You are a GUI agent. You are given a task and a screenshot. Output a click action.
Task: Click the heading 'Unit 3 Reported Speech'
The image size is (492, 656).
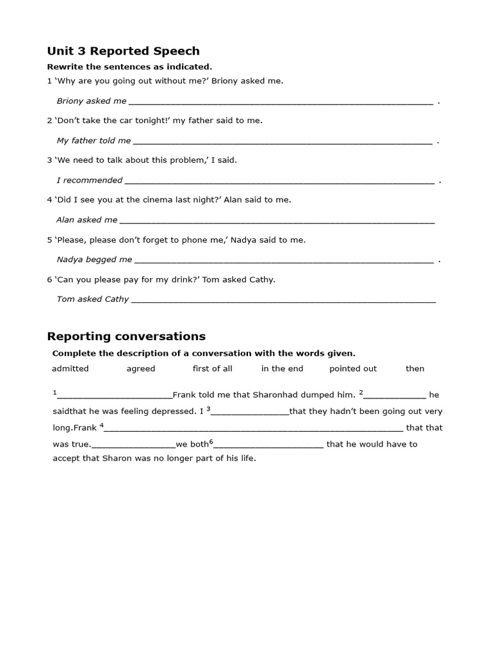[x=123, y=51]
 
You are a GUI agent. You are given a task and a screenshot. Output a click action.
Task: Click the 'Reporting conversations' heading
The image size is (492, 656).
[x=126, y=336]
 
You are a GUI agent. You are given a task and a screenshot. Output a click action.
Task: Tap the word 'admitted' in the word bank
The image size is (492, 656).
[x=70, y=369]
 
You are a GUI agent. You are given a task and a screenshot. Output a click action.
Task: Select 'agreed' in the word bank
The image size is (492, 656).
[x=141, y=369]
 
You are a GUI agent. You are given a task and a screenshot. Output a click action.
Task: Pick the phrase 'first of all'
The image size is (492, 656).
[x=213, y=369]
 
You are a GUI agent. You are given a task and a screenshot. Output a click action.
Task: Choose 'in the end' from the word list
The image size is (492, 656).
[x=283, y=369]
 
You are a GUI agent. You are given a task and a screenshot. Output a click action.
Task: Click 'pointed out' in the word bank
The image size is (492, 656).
[x=353, y=369]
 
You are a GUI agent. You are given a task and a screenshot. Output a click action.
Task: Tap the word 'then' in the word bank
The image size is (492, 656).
[x=415, y=369]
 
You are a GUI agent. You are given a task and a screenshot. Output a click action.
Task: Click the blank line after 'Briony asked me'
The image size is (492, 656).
[x=281, y=102]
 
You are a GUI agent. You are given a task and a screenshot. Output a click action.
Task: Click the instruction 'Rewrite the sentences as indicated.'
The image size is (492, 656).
[x=129, y=67]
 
